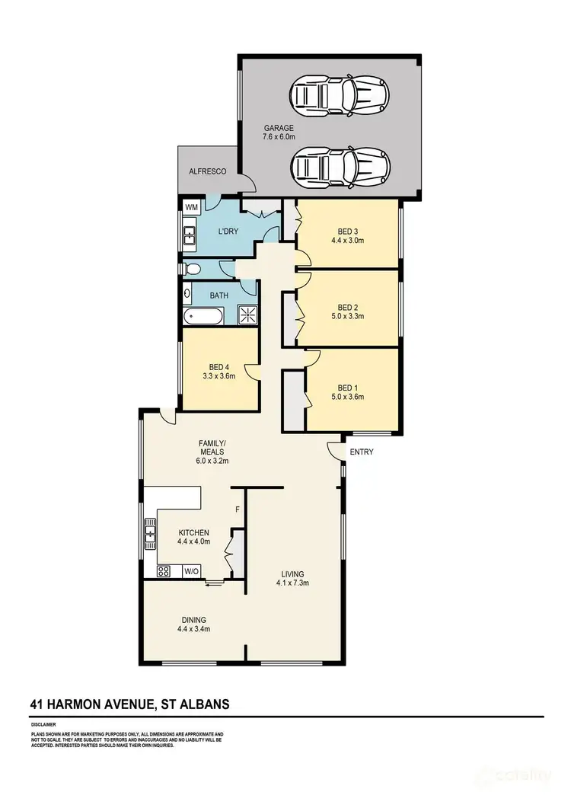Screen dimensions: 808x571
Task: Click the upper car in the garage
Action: tap(339, 96)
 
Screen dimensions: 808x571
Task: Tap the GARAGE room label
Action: tap(279, 128)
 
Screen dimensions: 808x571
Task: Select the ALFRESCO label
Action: tap(208, 173)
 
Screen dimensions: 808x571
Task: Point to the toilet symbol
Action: tap(192, 268)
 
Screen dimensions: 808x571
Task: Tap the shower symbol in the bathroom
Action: tap(247, 315)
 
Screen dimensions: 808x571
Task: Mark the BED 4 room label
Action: tap(219, 366)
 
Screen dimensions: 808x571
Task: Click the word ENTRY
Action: tap(362, 452)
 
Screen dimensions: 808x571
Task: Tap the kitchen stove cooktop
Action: tap(164, 571)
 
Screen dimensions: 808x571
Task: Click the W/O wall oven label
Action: tap(191, 571)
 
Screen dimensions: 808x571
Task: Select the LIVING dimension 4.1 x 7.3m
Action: tap(292, 583)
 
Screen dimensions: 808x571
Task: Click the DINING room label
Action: tap(193, 619)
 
